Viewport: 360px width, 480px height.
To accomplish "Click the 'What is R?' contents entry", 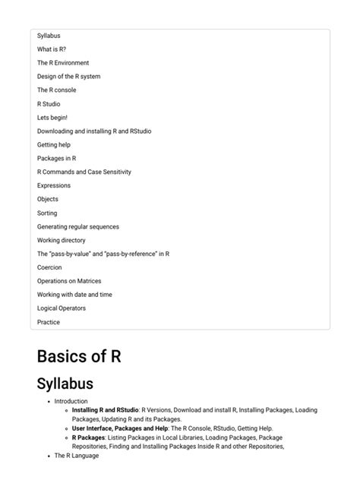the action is [52, 49].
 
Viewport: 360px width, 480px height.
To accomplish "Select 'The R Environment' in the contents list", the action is [63, 63].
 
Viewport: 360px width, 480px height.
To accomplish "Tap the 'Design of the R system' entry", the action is [68, 77].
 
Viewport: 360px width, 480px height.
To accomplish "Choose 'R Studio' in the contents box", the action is [49, 104].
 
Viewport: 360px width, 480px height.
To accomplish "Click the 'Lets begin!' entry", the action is [52, 118].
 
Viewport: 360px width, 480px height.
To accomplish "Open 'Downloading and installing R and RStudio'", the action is [94, 131].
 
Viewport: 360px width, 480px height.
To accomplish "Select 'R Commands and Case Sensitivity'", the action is [84, 172].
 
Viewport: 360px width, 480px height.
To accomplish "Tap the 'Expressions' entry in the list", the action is [54, 186].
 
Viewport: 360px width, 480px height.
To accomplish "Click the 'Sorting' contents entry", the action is [47, 213].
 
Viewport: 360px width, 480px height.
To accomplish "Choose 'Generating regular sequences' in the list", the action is [78, 227].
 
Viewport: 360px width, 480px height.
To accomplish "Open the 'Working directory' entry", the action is [62, 241].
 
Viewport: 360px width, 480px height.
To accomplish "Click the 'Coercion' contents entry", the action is [49, 268].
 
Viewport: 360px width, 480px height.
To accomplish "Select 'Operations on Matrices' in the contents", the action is [69, 281].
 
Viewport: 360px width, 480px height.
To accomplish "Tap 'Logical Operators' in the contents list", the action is [62, 308].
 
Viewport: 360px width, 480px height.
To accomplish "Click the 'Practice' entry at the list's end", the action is [49, 322].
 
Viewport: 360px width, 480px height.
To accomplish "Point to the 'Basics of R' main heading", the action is [79, 356].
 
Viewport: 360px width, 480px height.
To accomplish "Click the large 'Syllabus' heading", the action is [65, 383].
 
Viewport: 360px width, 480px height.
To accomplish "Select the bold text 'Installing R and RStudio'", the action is [106, 410].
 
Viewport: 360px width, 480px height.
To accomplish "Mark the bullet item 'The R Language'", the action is [77, 456].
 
